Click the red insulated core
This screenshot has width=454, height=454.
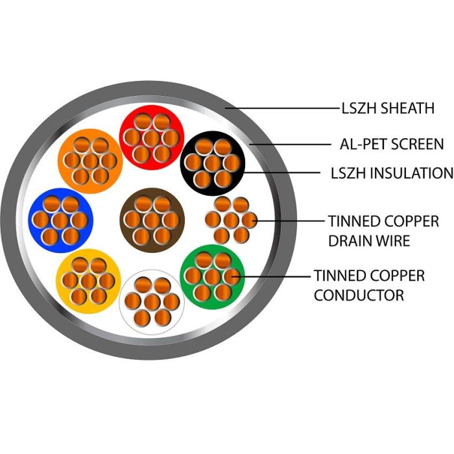(152, 137)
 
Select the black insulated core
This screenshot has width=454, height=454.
(213, 163)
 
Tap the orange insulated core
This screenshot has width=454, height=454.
(90, 161)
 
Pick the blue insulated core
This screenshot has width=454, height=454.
(60, 221)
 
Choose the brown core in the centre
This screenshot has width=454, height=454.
(152, 220)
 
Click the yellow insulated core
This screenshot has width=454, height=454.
(89, 281)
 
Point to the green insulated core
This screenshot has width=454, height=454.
(213, 277)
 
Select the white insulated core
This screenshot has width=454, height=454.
(152, 302)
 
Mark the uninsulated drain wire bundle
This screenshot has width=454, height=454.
(232, 220)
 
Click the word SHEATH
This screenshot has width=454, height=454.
(407, 108)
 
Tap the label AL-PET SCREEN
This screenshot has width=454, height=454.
(392, 144)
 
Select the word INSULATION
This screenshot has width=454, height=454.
(411, 173)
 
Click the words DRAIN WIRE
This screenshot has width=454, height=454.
(369, 241)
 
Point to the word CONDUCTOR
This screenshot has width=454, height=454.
(359, 294)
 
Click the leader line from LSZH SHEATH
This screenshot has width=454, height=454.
(283, 108)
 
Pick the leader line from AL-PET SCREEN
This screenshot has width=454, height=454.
(290, 144)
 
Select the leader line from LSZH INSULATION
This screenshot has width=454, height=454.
(281, 173)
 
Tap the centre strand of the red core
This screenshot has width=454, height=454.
(152, 137)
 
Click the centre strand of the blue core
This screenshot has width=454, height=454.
(60, 221)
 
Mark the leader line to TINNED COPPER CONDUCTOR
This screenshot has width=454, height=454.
(271, 276)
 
